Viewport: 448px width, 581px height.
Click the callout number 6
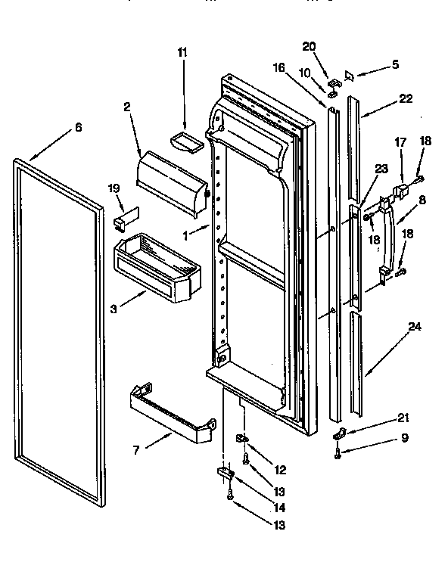point(77,128)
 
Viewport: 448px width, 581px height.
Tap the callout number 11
point(182,52)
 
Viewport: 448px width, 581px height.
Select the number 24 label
point(414,327)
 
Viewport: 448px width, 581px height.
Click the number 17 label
point(400,141)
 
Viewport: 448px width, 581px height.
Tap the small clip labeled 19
point(123,219)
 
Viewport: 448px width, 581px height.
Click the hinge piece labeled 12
point(244,439)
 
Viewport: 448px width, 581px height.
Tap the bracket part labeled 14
point(225,473)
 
